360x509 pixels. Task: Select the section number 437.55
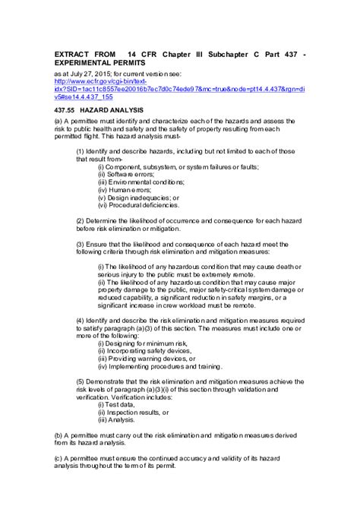[68, 109]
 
